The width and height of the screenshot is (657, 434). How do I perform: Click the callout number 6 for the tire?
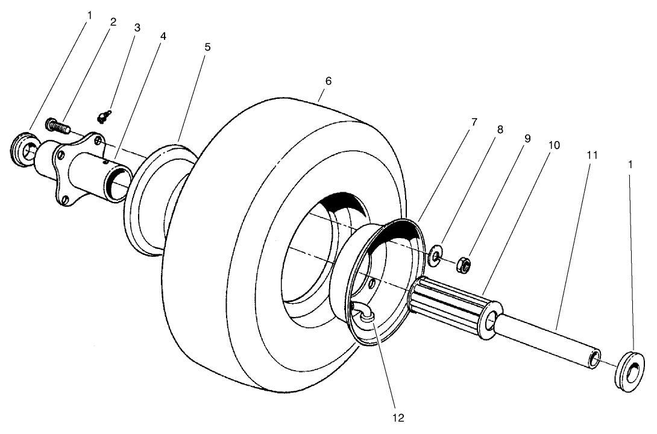pos(328,80)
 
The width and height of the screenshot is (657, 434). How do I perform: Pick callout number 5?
pos(207,46)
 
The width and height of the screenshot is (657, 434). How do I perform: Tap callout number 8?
pos(500,129)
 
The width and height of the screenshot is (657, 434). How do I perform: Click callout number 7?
pos(474,122)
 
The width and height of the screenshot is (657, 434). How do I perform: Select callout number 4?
pos(162,36)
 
